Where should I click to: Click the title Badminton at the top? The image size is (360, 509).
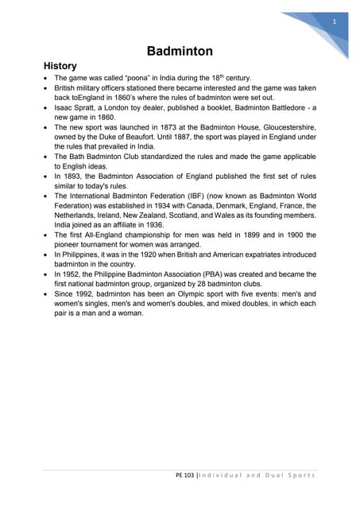point(180,52)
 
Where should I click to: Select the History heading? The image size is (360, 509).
point(60,65)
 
